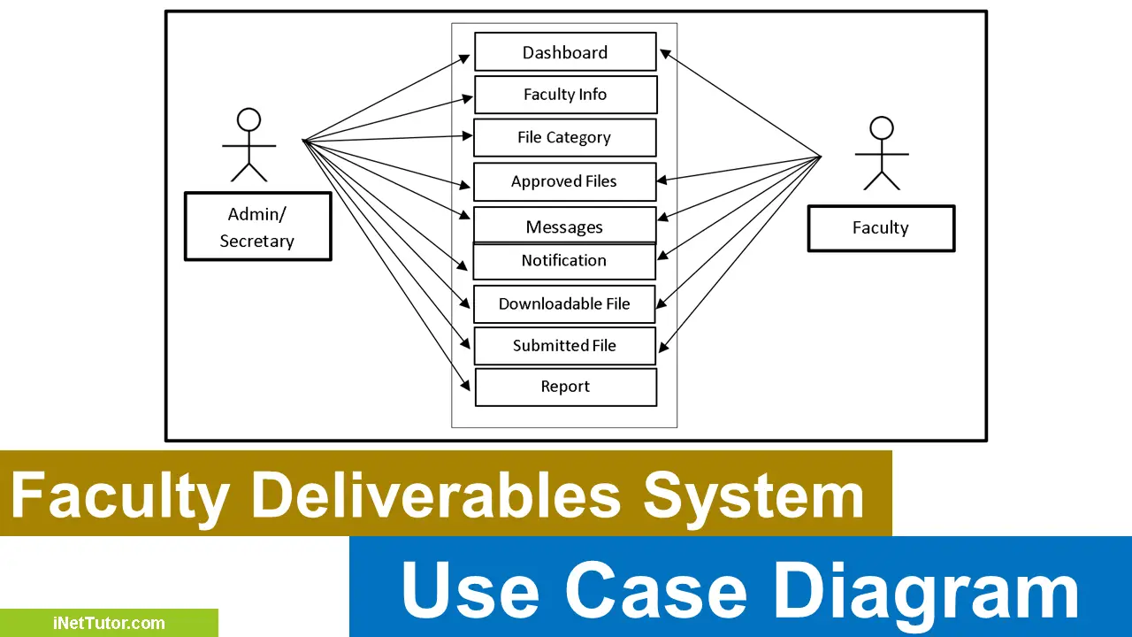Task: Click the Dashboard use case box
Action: [x=565, y=52]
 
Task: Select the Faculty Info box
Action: [x=565, y=95]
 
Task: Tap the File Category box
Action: [x=564, y=137]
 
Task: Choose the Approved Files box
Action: [x=564, y=181]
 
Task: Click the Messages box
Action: [x=564, y=226]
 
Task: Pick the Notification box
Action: [x=564, y=261]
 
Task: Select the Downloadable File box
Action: [x=564, y=303]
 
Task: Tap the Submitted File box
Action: [x=564, y=346]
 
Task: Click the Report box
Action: [x=565, y=387]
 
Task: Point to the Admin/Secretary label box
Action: [x=257, y=227]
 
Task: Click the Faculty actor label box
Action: [x=881, y=228]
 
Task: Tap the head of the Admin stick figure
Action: [x=249, y=119]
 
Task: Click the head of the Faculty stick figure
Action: [x=882, y=128]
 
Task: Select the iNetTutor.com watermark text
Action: [x=108, y=623]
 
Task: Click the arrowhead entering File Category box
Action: [x=467, y=136]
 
